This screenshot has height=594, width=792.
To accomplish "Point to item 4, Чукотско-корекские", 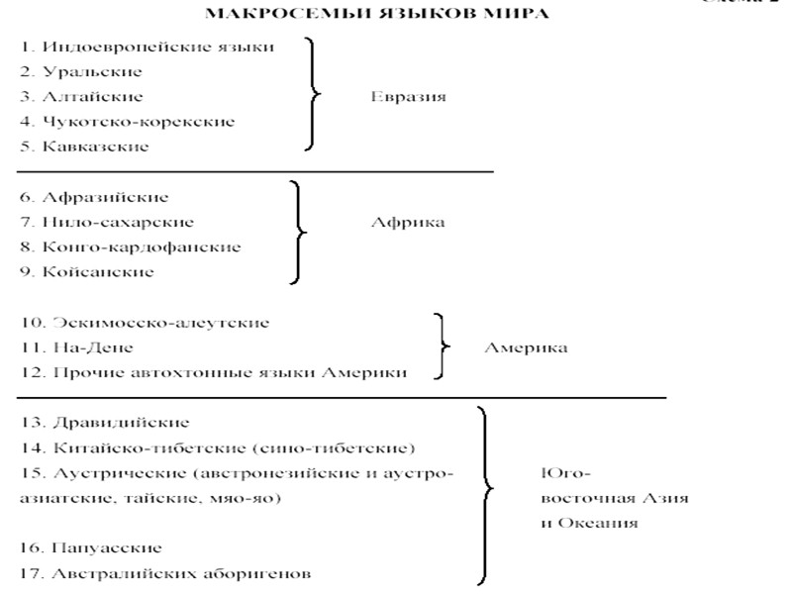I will coord(127,122).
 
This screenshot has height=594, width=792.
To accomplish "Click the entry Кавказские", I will coord(84,147).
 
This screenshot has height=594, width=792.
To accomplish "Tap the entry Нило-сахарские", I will coord(106,222).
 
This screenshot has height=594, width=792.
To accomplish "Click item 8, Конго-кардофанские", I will coord(129,247).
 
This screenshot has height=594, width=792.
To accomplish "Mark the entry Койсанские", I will coord(87,271).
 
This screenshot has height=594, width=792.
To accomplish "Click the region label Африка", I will coord(407,222).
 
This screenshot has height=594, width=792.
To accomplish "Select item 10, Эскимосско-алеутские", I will coord(145,323).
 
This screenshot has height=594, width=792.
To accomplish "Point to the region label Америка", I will coord(525,347).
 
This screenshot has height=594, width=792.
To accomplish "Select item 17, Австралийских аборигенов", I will coord(165,572).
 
